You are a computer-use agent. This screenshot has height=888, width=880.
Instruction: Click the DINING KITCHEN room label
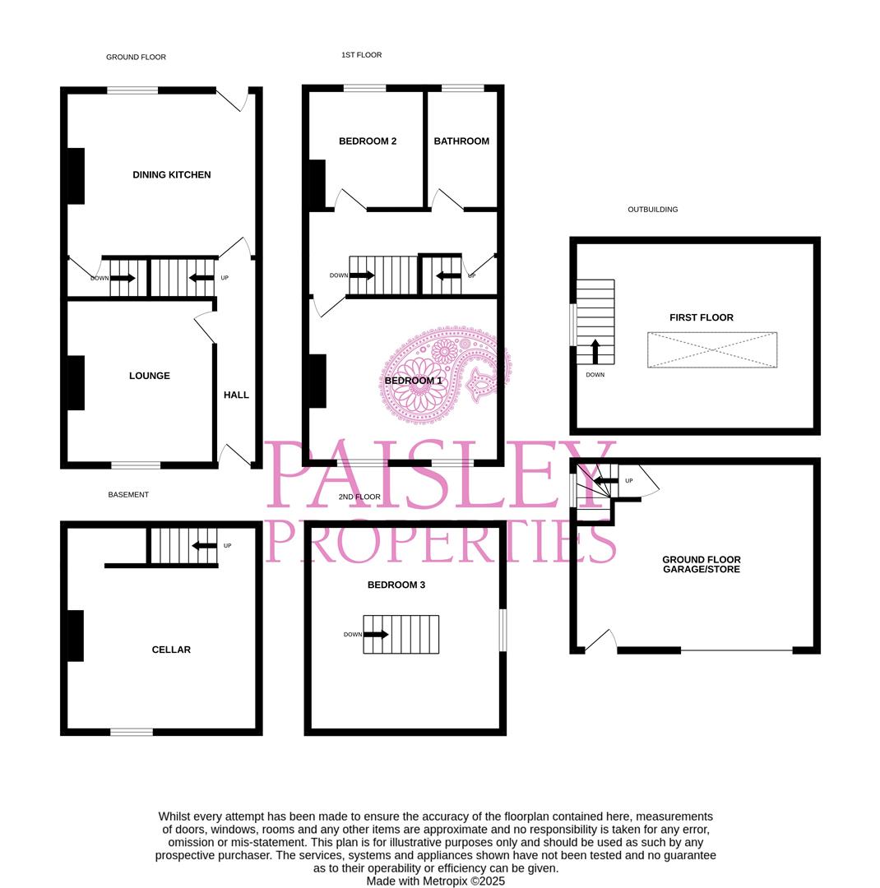click(172, 175)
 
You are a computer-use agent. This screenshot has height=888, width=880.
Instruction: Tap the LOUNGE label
click(150, 376)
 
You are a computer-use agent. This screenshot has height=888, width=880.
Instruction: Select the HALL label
click(236, 395)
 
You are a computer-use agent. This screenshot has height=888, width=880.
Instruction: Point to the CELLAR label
click(171, 650)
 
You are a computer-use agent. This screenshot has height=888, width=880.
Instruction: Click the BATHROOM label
click(462, 141)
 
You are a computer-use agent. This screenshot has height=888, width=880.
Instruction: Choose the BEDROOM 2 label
click(368, 141)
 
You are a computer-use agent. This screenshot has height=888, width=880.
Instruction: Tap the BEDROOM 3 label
click(396, 585)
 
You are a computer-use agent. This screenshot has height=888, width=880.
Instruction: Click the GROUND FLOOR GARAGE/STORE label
click(702, 565)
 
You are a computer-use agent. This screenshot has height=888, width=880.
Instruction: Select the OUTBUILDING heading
click(653, 210)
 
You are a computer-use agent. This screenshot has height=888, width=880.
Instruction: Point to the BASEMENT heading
click(128, 495)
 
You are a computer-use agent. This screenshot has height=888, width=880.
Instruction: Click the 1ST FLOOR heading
click(362, 55)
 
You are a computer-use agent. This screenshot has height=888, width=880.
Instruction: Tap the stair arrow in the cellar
click(205, 546)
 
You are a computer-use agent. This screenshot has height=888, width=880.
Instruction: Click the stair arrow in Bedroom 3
click(376, 634)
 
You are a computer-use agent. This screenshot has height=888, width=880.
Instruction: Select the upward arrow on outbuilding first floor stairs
click(595, 351)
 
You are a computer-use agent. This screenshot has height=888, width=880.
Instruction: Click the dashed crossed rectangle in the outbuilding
click(712, 350)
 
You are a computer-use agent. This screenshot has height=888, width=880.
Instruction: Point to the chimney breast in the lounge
click(76, 383)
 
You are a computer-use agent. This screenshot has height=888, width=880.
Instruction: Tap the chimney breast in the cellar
click(76, 636)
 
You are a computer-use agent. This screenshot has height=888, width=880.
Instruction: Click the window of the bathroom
click(463, 88)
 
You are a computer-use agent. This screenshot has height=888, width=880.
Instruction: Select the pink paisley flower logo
click(445, 374)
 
